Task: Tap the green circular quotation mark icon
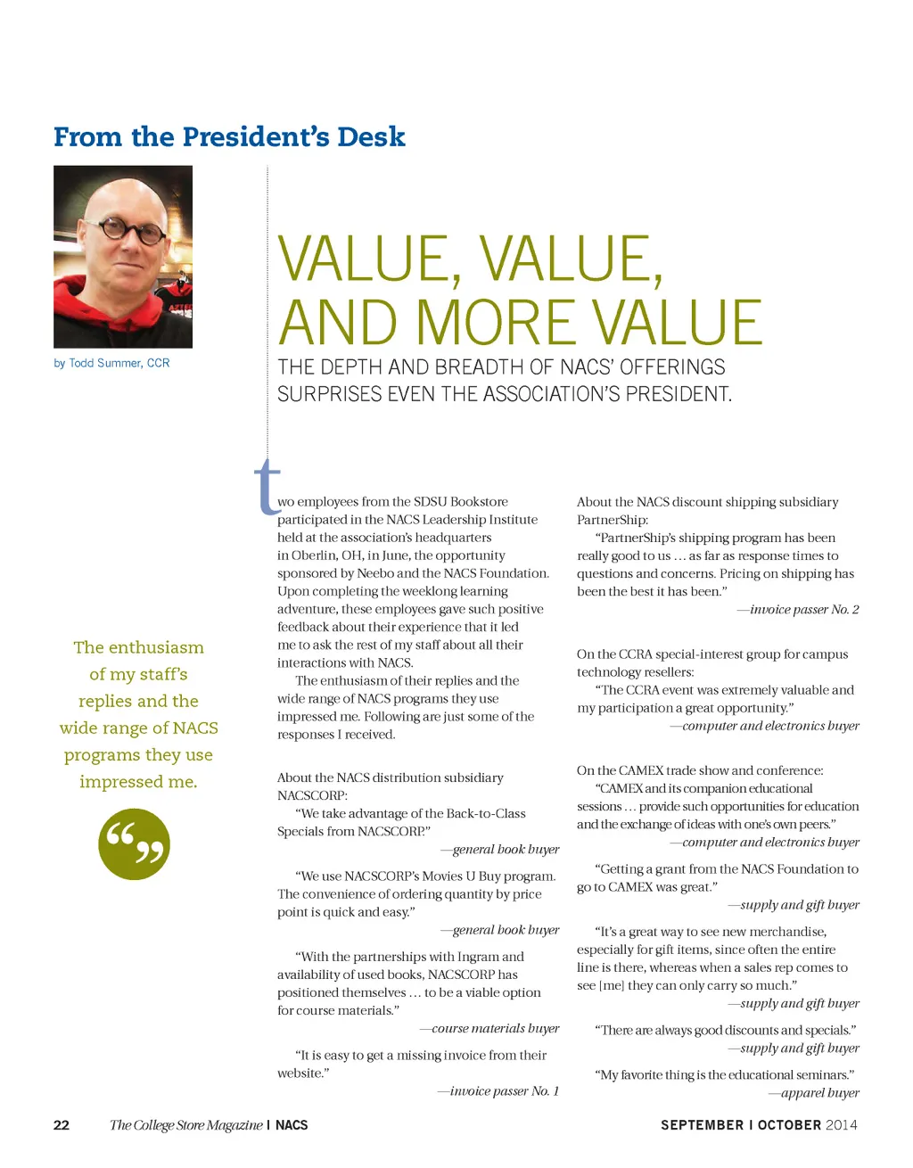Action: click(x=134, y=844)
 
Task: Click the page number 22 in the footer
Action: click(x=62, y=1125)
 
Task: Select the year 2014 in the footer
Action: click(x=842, y=1125)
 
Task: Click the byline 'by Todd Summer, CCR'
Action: click(x=111, y=363)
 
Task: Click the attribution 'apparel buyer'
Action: click(x=819, y=1093)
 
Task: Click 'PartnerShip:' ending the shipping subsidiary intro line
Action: click(x=613, y=520)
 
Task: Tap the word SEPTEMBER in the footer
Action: click(x=702, y=1125)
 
